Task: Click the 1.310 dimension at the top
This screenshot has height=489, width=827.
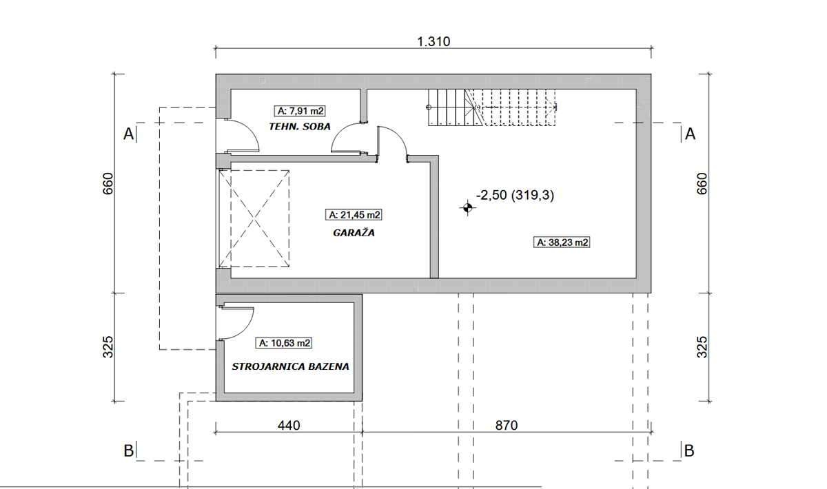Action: [433, 41]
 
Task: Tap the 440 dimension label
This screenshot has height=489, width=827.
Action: [289, 426]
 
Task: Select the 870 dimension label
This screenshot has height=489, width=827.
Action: [507, 426]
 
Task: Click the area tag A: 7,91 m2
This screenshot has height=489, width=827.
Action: [300, 111]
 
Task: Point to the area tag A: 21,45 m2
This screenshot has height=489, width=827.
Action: [354, 215]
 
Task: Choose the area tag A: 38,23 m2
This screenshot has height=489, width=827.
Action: [562, 242]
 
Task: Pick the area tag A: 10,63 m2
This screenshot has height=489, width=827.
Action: [284, 343]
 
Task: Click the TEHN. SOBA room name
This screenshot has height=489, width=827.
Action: [300, 127]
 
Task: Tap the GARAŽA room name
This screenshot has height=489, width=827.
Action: [354, 233]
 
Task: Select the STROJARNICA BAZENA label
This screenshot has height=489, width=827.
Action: [290, 366]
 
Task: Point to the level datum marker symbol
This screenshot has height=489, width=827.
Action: [467, 208]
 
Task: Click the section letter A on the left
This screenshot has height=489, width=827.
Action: [128, 134]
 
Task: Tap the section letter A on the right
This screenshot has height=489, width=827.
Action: [690, 134]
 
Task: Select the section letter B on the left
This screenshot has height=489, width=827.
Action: [128, 451]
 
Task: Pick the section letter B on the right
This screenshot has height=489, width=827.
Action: [689, 451]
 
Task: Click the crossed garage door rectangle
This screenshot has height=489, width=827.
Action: [254, 218]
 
